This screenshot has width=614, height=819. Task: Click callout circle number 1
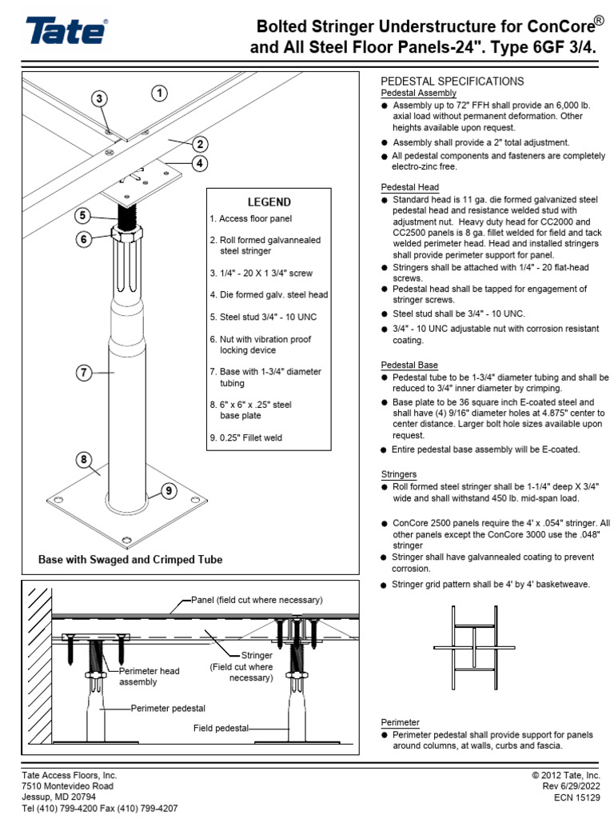click(x=160, y=93)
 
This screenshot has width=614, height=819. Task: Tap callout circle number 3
click(x=98, y=99)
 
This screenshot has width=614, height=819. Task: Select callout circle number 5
click(x=84, y=215)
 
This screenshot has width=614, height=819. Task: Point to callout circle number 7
click(x=84, y=371)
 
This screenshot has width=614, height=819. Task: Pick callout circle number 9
click(x=168, y=492)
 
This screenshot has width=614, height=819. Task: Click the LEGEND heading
click(x=269, y=202)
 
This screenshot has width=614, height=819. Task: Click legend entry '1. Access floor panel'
click(x=251, y=218)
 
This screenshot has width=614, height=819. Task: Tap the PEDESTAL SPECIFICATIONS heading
click(x=452, y=82)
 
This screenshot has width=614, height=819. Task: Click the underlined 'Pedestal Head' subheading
click(x=409, y=187)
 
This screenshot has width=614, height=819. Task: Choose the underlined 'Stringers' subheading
click(x=399, y=474)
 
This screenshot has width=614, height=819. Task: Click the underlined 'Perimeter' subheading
click(x=400, y=722)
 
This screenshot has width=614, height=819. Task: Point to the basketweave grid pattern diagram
click(x=473, y=646)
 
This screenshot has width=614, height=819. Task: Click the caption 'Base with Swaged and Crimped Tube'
click(x=130, y=560)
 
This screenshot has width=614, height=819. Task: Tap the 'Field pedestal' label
click(x=221, y=729)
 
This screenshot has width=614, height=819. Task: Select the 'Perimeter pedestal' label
click(x=169, y=709)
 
